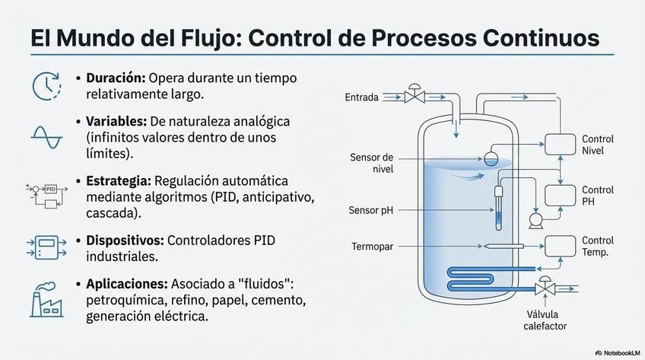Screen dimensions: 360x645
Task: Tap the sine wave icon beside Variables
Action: point(46,135)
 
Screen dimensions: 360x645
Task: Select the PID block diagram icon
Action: point(46,196)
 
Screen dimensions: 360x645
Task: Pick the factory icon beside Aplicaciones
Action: point(46,298)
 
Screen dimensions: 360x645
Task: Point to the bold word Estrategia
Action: point(118,181)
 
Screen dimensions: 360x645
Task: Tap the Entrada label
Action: point(361,97)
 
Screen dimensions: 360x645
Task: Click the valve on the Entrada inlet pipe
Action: point(414,96)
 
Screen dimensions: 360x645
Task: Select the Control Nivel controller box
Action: point(561,145)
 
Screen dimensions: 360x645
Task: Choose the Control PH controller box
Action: point(561,196)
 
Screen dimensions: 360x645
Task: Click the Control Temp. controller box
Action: point(561,246)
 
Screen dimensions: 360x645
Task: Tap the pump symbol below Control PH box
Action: point(535,221)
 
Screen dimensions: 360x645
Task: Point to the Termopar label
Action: point(373,247)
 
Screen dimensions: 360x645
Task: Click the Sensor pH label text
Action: point(371,209)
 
